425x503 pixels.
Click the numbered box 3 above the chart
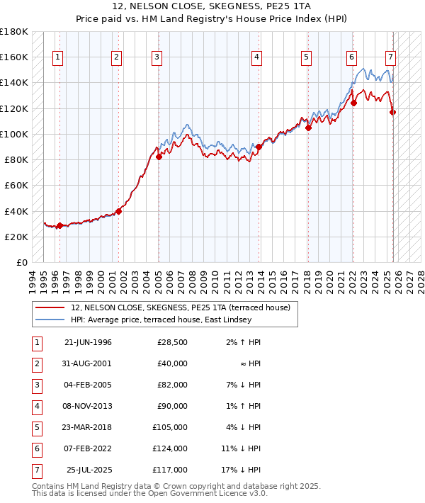click(157, 57)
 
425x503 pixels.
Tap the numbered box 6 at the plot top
click(351, 57)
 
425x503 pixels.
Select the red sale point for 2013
click(259, 147)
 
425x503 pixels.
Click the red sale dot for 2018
click(308, 128)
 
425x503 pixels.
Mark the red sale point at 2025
click(393, 112)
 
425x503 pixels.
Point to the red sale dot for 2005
click(159, 157)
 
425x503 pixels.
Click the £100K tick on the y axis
click(14, 134)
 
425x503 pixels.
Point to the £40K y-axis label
click(16, 211)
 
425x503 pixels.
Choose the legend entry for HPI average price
click(161, 320)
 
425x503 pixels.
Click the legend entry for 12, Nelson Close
click(180, 307)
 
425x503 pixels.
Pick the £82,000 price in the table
click(173, 385)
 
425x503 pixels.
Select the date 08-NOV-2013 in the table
click(88, 406)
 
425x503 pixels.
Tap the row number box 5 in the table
click(36, 427)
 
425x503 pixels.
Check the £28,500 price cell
click(173, 342)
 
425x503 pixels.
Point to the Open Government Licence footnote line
click(149, 494)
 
